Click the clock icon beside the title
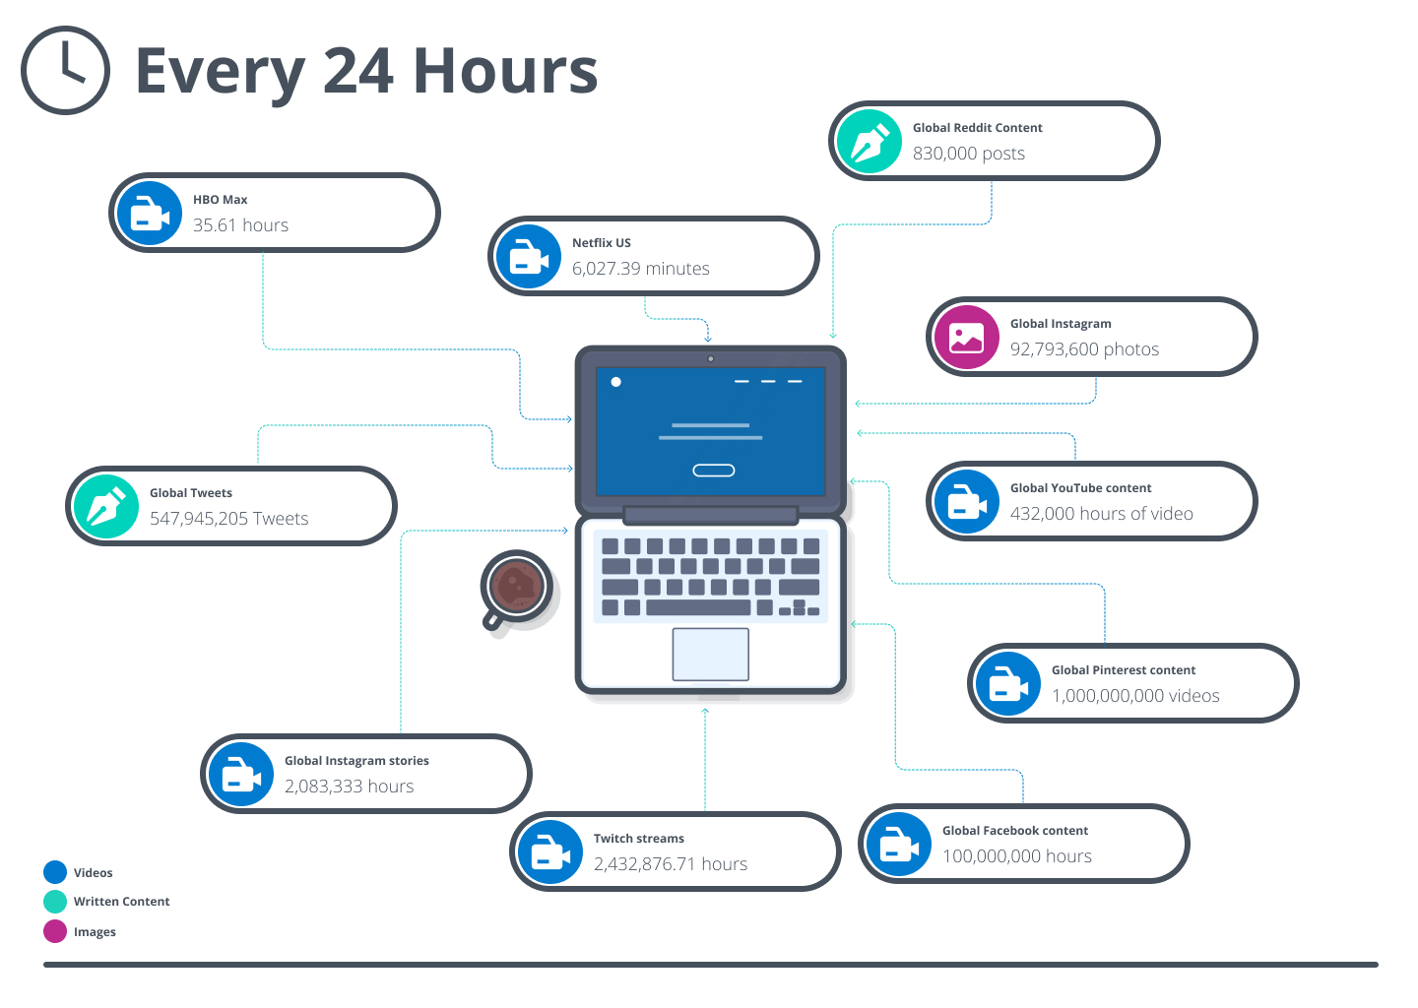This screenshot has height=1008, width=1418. pyautogui.click(x=65, y=70)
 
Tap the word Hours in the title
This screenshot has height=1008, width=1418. pyautogui.click(x=505, y=71)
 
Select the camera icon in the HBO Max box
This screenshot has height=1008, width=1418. pyautogui.click(x=150, y=214)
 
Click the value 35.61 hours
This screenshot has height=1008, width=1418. pyautogui.click(x=240, y=225)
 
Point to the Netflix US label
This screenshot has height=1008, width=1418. pyautogui.click(x=602, y=243)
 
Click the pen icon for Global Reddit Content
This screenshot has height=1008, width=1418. pyautogui.click(x=870, y=141)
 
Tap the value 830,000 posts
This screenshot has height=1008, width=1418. pyautogui.click(x=969, y=154)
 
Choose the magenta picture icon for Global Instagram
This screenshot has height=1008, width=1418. pyautogui.click(x=967, y=338)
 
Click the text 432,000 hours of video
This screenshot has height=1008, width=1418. pyautogui.click(x=1102, y=513)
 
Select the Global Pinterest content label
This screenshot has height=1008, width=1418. pyautogui.click(x=1124, y=670)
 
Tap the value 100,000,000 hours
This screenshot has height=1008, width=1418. pyautogui.click(x=1017, y=856)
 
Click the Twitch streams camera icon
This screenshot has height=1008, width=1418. pyautogui.click(x=550, y=852)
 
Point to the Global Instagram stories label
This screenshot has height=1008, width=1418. pyautogui.click(x=356, y=761)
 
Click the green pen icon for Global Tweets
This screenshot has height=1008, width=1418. pyautogui.click(x=106, y=507)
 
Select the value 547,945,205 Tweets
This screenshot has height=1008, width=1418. pyautogui.click(x=229, y=519)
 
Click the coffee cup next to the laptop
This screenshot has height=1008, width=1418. pyautogui.click(x=517, y=589)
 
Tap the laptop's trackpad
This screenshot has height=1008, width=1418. pyautogui.click(x=711, y=655)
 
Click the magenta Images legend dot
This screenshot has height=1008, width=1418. pyautogui.click(x=55, y=931)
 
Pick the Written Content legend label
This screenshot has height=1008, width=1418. pyautogui.click(x=121, y=902)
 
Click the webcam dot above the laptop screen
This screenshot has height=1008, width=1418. pyautogui.click(x=711, y=358)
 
